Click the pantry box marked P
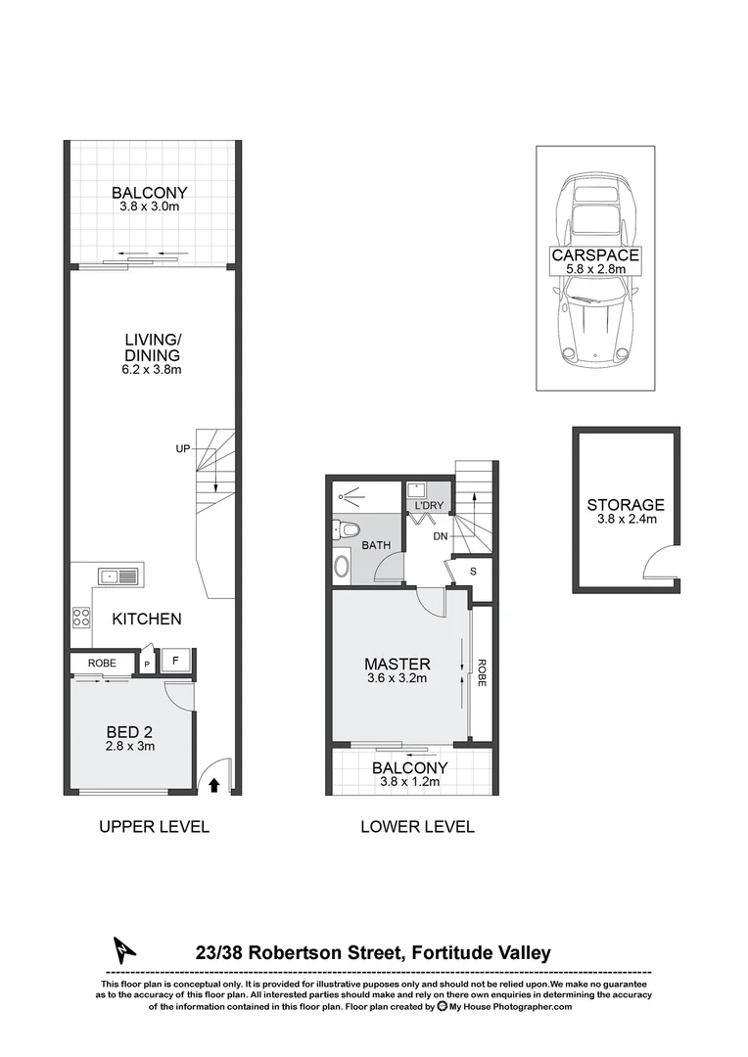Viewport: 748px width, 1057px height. click(147, 664)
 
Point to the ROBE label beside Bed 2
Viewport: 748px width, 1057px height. click(102, 664)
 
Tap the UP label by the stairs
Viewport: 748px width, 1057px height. click(183, 449)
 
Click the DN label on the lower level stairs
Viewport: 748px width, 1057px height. click(441, 536)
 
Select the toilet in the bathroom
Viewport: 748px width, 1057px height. click(345, 531)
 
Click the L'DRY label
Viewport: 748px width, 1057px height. click(429, 505)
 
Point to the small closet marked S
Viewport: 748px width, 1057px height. click(473, 571)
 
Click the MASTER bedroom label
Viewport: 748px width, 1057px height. click(393, 663)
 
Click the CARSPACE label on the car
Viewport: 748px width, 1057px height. click(594, 255)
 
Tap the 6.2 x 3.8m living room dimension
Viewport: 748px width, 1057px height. click(152, 370)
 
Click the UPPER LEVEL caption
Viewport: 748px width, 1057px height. click(154, 827)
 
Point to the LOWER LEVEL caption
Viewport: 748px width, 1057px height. click(417, 827)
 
